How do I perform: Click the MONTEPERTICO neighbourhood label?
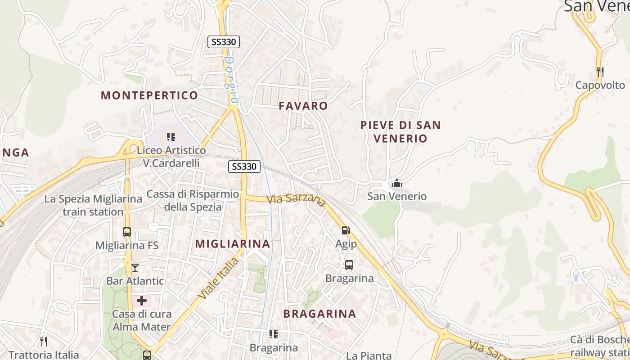pyautogui.click(x=149, y=95)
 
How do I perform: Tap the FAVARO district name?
pyautogui.click(x=303, y=106)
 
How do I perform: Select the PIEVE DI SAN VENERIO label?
pyautogui.click(x=400, y=131)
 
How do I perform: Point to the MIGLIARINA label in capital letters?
pyautogui.click(x=233, y=244)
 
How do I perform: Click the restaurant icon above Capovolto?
pyautogui.click(x=600, y=72)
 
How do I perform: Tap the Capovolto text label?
pyautogui.click(x=600, y=85)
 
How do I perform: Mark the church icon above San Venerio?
pyautogui.click(x=396, y=183)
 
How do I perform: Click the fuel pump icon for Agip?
pyautogui.click(x=346, y=230)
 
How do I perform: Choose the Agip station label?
pyautogui.click(x=346, y=244)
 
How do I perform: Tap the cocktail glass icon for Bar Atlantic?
pyautogui.click(x=135, y=268)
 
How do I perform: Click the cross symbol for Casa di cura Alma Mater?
pyautogui.click(x=142, y=300)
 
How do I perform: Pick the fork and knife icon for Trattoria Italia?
pyautogui.click(x=44, y=342)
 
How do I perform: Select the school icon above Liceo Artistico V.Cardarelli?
pyautogui.click(x=171, y=136)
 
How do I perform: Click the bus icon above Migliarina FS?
pyautogui.click(x=127, y=232)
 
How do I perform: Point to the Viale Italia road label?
pyautogui.click(x=219, y=278)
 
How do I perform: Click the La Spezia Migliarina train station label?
pyautogui.click(x=84, y=205)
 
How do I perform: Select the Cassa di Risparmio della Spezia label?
pyautogui.click(x=193, y=200)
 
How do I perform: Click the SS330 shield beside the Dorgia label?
pyautogui.click(x=224, y=42)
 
